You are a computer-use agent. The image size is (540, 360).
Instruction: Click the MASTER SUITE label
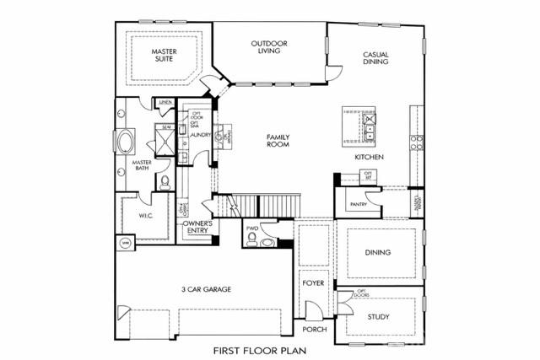pos(164,56)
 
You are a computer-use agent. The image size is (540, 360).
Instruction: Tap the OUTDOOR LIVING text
pos(268,47)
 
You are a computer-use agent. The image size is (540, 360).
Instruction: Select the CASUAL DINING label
pos(375,56)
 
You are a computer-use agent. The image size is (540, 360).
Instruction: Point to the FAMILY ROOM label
pos(278,140)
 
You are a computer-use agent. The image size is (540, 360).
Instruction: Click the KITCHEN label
pos(369,158)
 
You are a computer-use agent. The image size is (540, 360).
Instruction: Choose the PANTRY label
pos(358,203)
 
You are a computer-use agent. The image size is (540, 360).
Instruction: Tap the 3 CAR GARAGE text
pos(206,289)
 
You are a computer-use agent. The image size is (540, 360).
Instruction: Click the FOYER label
pos(313,283)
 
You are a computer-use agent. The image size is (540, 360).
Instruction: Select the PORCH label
pos(314,330)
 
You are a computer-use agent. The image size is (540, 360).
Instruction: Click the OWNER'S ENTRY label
pos(197,228)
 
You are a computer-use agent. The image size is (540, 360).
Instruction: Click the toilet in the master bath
pos(165,182)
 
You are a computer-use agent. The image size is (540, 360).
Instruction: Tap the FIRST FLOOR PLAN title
pos(258,350)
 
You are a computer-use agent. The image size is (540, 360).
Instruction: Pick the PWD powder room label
pos(251,228)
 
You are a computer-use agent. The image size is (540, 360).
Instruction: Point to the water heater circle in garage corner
pos(126,243)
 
